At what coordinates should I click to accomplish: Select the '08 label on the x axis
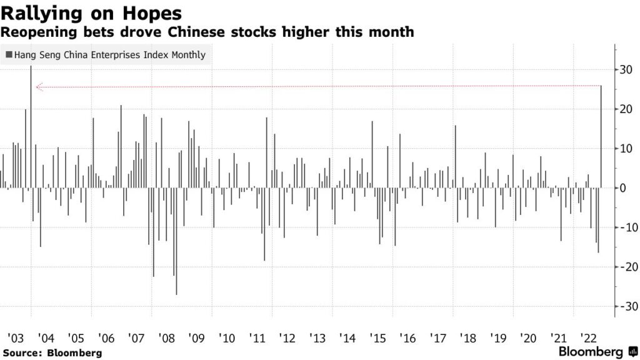[167, 339]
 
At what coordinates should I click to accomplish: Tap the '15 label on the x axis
[378, 339]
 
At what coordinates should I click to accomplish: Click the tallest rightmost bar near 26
[601, 136]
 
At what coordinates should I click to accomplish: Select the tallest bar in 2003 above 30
[31, 125]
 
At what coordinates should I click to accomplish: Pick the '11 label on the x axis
[257, 339]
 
